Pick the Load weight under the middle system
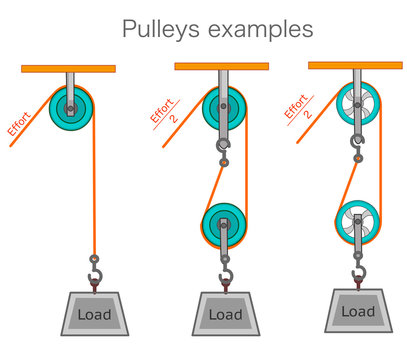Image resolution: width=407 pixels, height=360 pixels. (225, 315)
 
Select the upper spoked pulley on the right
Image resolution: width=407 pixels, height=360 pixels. (356, 103)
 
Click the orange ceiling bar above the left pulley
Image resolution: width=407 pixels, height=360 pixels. (68, 69)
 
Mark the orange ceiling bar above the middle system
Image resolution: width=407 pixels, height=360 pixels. (222, 67)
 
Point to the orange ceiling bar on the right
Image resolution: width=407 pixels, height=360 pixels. (355, 65)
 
